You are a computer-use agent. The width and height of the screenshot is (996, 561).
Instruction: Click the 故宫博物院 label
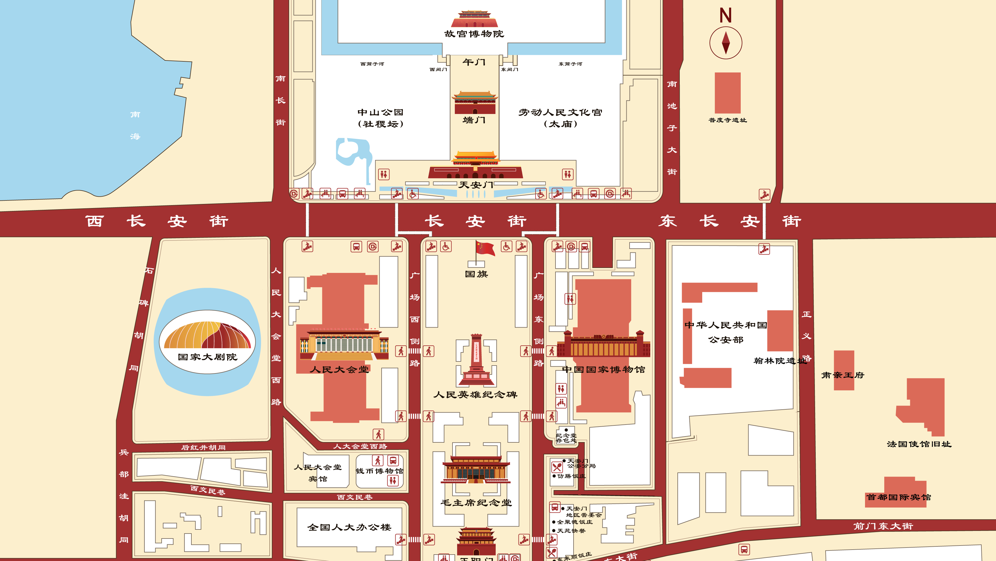[474, 34]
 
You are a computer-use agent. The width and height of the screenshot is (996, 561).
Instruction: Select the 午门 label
[474, 62]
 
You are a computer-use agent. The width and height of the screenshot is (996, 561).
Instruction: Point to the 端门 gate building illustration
[475, 103]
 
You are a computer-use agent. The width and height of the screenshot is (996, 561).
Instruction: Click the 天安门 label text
[476, 185]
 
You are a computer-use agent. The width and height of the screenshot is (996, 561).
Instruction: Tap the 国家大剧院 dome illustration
[208, 335]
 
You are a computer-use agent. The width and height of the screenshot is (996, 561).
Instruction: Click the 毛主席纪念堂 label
[476, 503]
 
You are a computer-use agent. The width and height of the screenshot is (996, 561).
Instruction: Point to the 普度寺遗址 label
[727, 120]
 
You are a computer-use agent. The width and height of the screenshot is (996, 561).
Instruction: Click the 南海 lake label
[135, 125]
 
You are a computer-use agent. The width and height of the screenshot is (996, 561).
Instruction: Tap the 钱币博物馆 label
[379, 471]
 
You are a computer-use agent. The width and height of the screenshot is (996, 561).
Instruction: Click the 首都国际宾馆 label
[899, 497]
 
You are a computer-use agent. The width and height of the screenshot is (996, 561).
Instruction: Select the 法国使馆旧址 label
[919, 444]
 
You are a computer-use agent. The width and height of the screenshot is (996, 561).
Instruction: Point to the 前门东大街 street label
[883, 526]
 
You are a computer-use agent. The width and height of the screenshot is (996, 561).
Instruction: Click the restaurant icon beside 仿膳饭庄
[557, 467]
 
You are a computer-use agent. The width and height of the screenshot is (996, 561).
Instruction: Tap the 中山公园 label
[380, 112]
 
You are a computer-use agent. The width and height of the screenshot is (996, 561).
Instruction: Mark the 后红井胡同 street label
[203, 448]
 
